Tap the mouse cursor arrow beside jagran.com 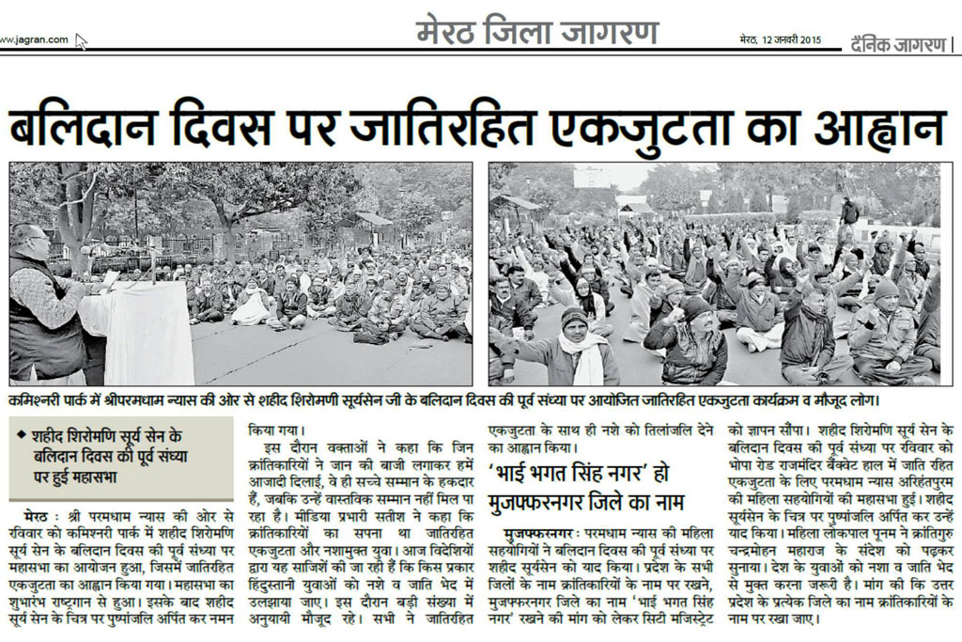82,41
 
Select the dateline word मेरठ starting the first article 33,516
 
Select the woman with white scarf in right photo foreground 575,348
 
